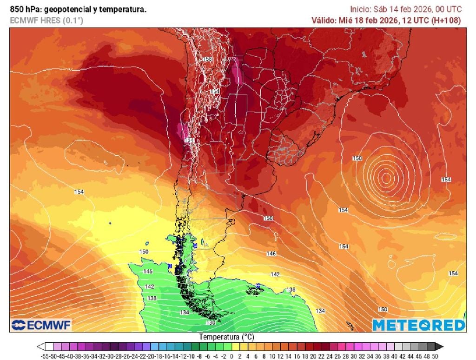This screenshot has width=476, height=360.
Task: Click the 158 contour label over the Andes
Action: [x=207, y=59]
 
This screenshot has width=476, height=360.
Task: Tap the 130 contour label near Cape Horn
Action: [x=211, y=322]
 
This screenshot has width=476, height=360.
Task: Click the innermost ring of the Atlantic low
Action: [x=385, y=177]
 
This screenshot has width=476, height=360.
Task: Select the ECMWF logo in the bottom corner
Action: [x=41, y=325]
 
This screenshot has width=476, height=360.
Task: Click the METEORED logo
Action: [x=418, y=325]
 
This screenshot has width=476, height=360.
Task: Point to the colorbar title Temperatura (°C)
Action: [x=227, y=336]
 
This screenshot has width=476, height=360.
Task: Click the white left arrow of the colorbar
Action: [x=41, y=347]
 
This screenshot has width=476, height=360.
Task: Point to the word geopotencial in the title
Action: [x=71, y=9]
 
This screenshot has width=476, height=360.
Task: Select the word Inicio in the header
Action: [x=360, y=9]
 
